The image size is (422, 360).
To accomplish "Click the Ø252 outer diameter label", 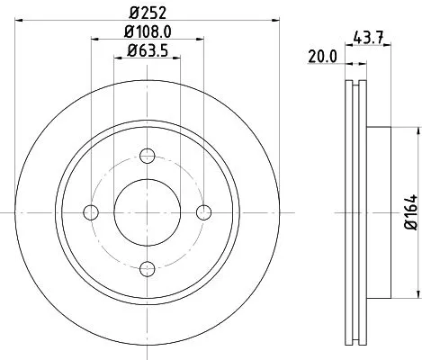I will point(148,13).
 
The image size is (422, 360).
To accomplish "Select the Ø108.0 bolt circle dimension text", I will point(148,33).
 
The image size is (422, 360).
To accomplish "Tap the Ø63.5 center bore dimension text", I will point(148,52).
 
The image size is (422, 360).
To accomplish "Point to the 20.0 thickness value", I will point(321,56).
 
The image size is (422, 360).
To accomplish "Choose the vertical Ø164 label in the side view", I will point(408,213).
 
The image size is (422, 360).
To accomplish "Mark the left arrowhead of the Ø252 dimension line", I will point(19,22).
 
